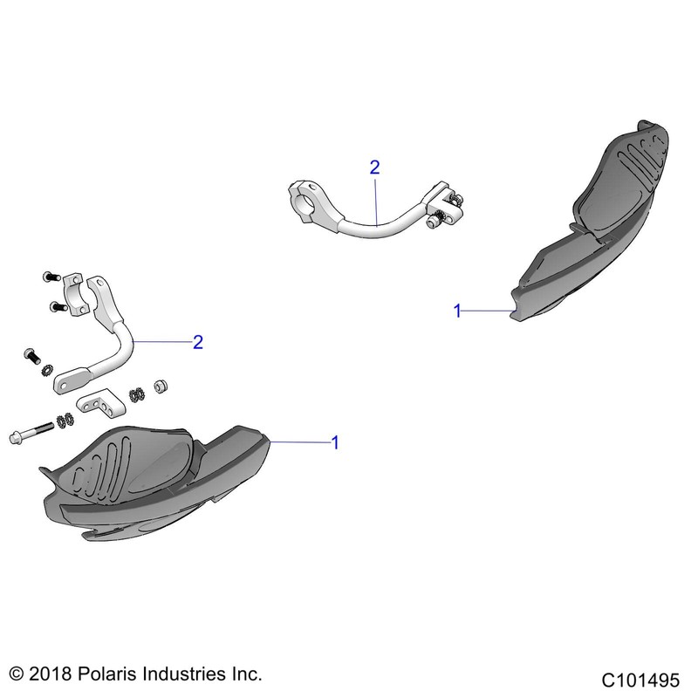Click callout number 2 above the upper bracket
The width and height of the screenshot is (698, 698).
click(375, 168)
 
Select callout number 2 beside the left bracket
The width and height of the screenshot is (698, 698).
click(198, 342)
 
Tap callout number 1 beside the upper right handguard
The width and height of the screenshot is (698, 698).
click(456, 311)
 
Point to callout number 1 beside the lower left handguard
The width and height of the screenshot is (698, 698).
click(334, 443)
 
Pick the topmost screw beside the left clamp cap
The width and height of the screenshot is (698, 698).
click(49, 277)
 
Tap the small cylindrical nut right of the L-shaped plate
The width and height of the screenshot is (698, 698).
click(160, 386)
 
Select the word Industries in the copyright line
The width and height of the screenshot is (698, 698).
click(193, 674)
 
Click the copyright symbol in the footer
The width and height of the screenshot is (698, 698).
click(17, 674)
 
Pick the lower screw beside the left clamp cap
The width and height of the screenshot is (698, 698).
click(57, 306)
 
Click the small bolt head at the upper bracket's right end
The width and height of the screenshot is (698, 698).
click(434, 223)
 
